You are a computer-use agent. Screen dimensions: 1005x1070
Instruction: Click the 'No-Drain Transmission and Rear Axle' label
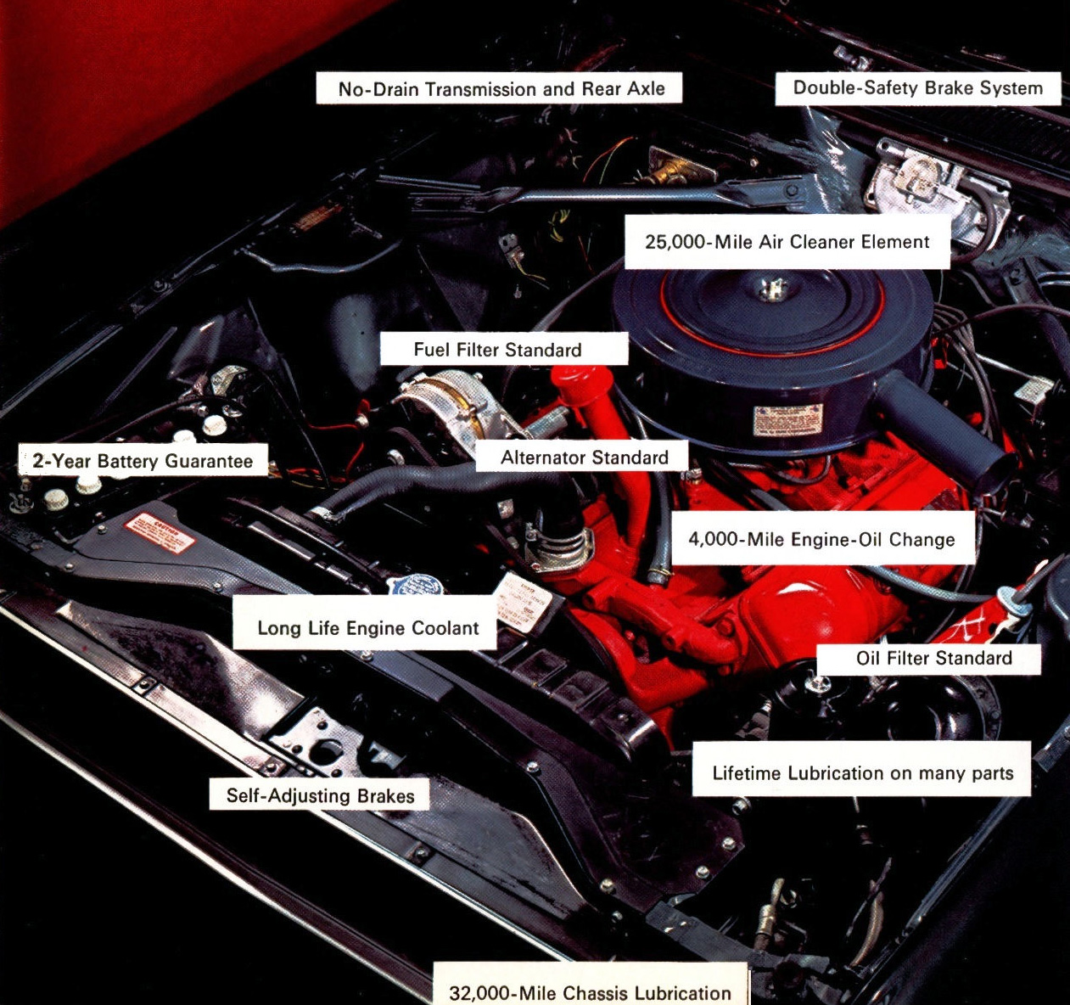click(x=501, y=89)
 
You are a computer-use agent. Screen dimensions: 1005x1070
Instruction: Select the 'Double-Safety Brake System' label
click(x=917, y=88)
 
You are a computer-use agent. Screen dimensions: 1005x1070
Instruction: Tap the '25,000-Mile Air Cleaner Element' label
click(x=787, y=242)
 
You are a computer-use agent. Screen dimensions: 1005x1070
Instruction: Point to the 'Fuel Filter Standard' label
click(x=498, y=350)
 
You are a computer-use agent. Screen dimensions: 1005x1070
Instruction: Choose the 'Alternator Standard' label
click(x=584, y=458)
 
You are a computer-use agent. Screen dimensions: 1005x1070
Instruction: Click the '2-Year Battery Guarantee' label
click(x=143, y=461)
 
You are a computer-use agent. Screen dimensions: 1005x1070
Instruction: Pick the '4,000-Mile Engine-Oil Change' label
click(x=821, y=539)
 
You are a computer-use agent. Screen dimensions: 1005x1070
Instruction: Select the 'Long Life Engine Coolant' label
click(x=367, y=628)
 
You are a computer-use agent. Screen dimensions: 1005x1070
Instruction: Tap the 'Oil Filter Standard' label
click(x=933, y=658)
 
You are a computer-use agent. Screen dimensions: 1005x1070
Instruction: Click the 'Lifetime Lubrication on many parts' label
click(x=862, y=772)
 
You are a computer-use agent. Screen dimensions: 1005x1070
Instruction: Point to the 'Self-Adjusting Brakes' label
click(x=320, y=795)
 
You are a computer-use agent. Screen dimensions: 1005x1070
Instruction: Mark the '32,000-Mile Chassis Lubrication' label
click(x=590, y=992)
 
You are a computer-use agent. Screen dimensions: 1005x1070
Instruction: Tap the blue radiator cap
click(x=415, y=587)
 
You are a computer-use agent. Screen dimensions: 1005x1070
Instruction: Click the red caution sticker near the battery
click(x=160, y=533)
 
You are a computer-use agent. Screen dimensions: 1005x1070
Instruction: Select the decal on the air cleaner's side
click(x=787, y=419)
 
